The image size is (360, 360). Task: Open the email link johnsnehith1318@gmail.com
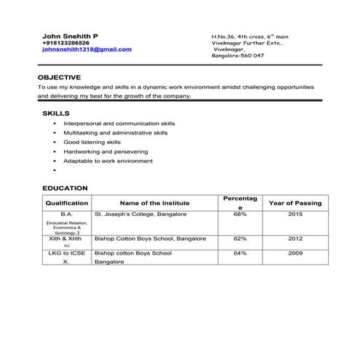[87, 49]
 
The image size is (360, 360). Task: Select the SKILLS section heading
[56, 114]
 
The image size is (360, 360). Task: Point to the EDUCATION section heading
[65, 188]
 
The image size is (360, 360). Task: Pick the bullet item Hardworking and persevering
[105, 152]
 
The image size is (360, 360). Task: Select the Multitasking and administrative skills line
[116, 134]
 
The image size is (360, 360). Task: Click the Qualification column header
[66, 204]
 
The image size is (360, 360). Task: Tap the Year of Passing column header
[295, 204]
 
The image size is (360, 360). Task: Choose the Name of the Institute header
[154, 204]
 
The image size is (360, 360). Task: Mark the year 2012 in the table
[295, 239]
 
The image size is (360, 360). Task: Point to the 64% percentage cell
[240, 254]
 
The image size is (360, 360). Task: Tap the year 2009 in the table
[295, 254]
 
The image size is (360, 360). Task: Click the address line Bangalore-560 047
[237, 56]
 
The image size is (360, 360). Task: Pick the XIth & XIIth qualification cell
[66, 239]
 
